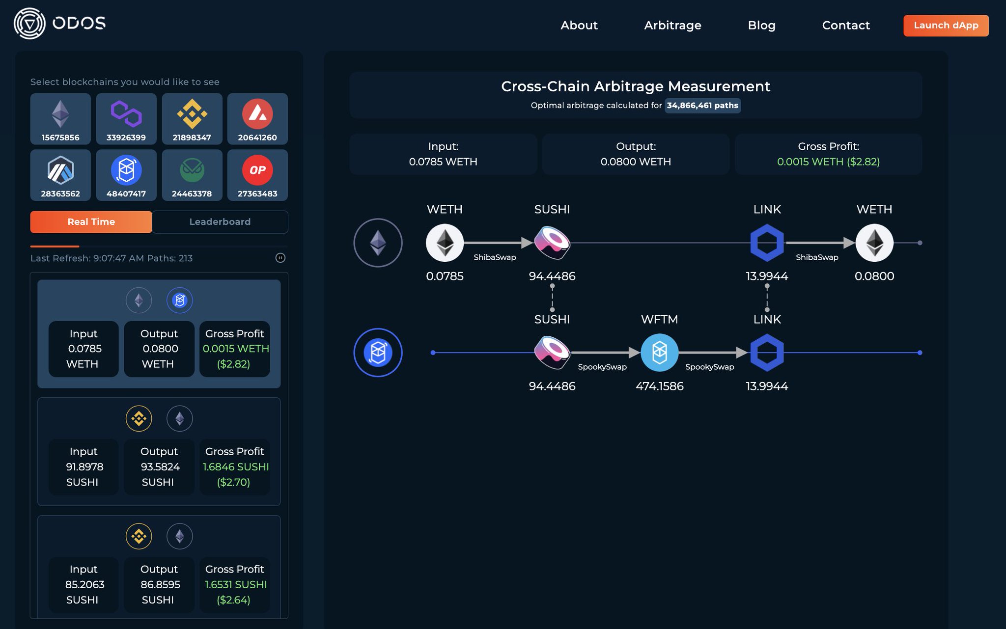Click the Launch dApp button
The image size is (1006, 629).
(x=946, y=26)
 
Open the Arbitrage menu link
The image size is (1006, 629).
(x=672, y=26)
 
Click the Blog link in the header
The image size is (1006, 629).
(x=761, y=26)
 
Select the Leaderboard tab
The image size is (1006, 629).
(x=220, y=222)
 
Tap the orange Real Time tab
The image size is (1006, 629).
(x=91, y=222)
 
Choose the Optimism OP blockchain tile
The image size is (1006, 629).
(x=257, y=175)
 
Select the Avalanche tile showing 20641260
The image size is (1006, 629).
(x=257, y=119)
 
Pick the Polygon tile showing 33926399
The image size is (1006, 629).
(x=126, y=119)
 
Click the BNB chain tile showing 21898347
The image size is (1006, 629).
(x=192, y=119)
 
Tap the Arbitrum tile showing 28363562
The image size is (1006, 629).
(x=60, y=175)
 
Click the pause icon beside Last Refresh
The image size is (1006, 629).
(x=280, y=258)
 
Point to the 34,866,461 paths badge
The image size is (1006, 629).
(x=702, y=106)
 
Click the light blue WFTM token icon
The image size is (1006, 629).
(x=660, y=353)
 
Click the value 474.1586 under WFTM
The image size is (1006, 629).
(x=660, y=386)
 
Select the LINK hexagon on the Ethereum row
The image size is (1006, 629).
(x=767, y=243)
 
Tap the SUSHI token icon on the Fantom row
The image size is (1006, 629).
(x=552, y=353)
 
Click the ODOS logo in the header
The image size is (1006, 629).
(x=59, y=24)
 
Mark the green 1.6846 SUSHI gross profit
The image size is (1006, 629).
(x=235, y=467)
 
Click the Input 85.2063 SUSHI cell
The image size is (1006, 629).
(x=84, y=584)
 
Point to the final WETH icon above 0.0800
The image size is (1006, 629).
(x=874, y=243)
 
